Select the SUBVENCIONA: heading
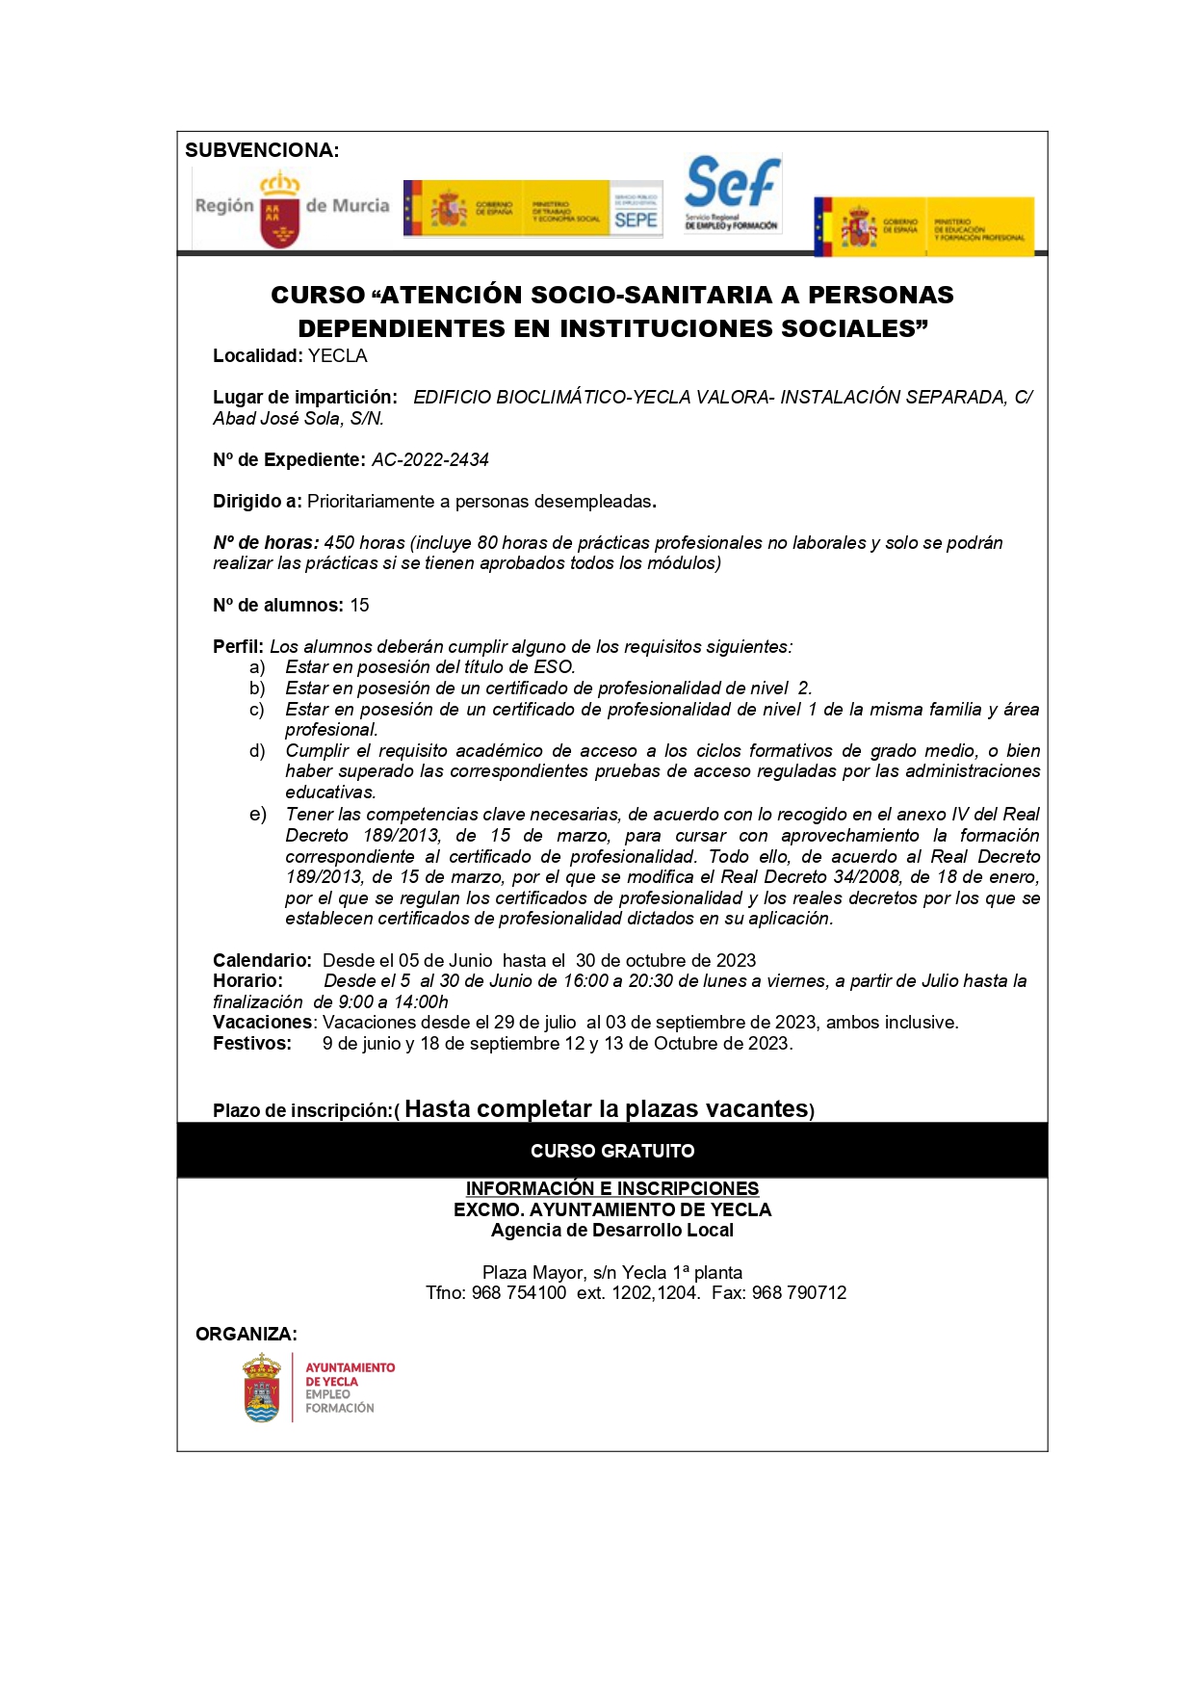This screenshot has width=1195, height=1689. click(262, 150)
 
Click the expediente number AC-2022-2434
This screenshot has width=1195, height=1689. click(430, 460)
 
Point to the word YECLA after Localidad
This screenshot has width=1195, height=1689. click(337, 356)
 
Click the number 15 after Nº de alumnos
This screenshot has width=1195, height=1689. click(359, 606)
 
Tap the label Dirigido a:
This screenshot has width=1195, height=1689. click(257, 502)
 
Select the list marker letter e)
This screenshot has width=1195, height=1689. click(257, 815)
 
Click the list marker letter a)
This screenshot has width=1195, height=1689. click(257, 667)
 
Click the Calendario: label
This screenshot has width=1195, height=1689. click(262, 961)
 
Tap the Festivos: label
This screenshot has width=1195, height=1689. click(252, 1044)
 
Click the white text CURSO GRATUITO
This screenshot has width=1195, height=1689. click(612, 1152)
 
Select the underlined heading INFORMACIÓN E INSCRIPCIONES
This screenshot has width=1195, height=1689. click(612, 1189)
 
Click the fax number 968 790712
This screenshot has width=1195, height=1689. click(799, 1293)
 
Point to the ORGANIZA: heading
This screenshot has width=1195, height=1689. click(247, 1335)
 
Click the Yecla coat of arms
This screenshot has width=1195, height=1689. click(262, 1388)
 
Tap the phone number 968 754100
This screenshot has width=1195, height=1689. click(519, 1293)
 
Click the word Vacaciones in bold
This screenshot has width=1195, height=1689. click(263, 1023)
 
